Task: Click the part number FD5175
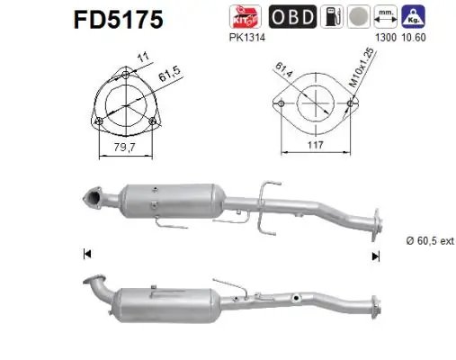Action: point(113,20)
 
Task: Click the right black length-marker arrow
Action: point(376,255)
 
